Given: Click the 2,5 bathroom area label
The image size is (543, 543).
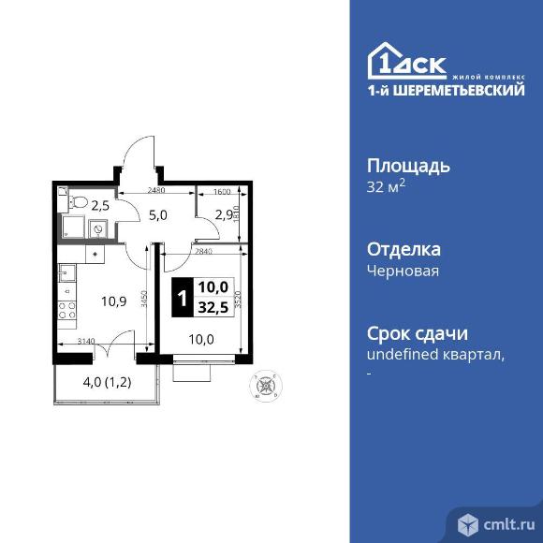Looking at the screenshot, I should pyautogui.click(x=98, y=203).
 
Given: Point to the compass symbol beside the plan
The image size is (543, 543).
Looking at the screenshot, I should pyautogui.click(x=267, y=384).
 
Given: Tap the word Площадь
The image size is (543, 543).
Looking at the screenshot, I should pyautogui.click(x=408, y=166).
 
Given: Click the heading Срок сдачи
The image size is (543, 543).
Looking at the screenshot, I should pyautogui.click(x=417, y=333).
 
